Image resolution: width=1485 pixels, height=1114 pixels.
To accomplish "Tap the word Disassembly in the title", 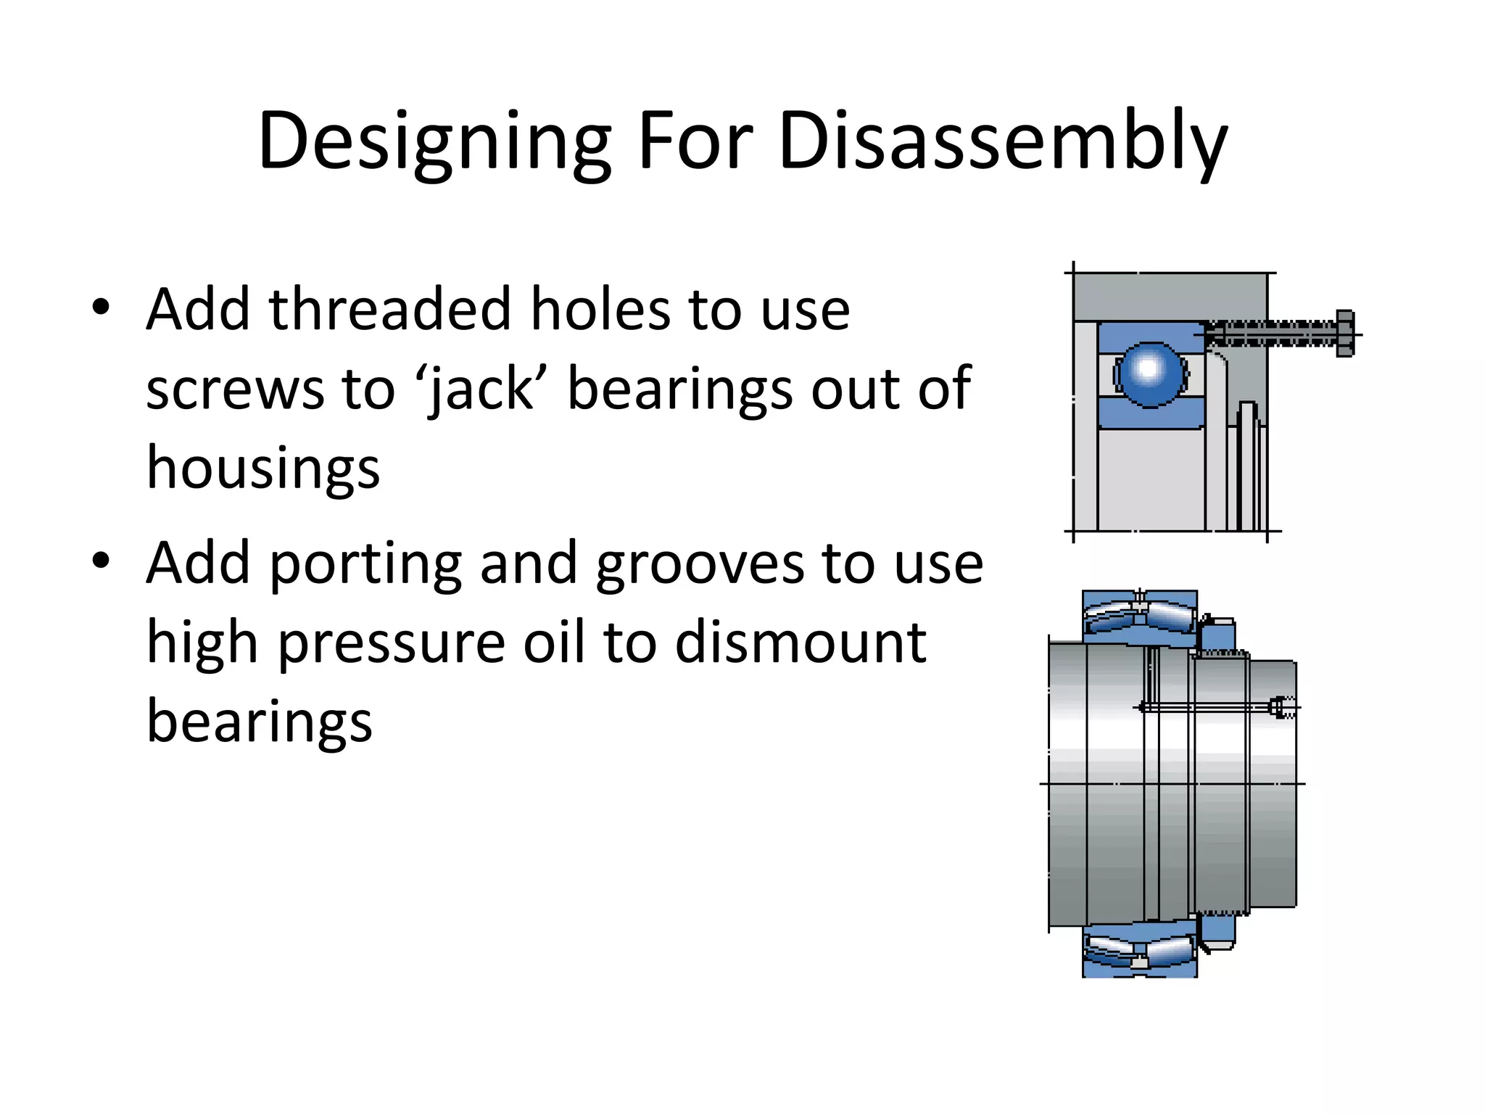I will (1002, 141).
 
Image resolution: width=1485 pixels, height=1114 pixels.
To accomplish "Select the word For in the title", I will (695, 141).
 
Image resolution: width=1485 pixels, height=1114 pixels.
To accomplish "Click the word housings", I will (263, 469).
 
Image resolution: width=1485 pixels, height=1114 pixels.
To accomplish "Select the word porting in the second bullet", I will (365, 564).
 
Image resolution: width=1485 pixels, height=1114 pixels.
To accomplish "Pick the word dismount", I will (801, 643).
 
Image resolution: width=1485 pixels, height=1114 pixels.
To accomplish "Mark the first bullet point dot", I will (101, 308).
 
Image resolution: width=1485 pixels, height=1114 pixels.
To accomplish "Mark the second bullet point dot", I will (101, 561).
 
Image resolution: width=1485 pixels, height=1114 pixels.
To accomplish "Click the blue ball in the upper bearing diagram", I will (1150, 372).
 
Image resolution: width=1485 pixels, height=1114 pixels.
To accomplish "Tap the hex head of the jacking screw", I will (1344, 334).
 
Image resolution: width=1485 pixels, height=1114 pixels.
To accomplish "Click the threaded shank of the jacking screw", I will (1269, 334).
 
